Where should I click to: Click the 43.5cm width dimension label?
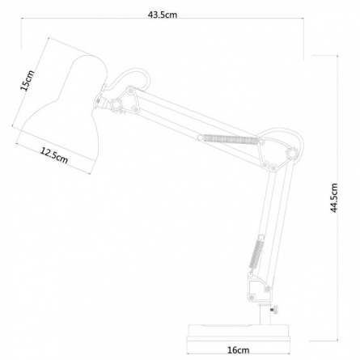coord(163,15)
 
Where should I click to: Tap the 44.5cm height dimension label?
coord(334,197)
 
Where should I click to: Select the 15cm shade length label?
coord(28,80)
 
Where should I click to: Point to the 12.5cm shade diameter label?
coord(54,155)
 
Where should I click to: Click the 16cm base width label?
coord(239,350)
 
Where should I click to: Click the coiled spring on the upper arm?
coord(230,139)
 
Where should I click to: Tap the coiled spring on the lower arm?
coord(256,254)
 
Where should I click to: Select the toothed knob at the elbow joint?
coord(292,154)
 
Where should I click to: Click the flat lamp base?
coord(239,333)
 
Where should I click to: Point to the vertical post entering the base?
coord(265,313)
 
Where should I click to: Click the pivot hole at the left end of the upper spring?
coord(200,138)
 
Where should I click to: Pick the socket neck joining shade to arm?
coord(100,101)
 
